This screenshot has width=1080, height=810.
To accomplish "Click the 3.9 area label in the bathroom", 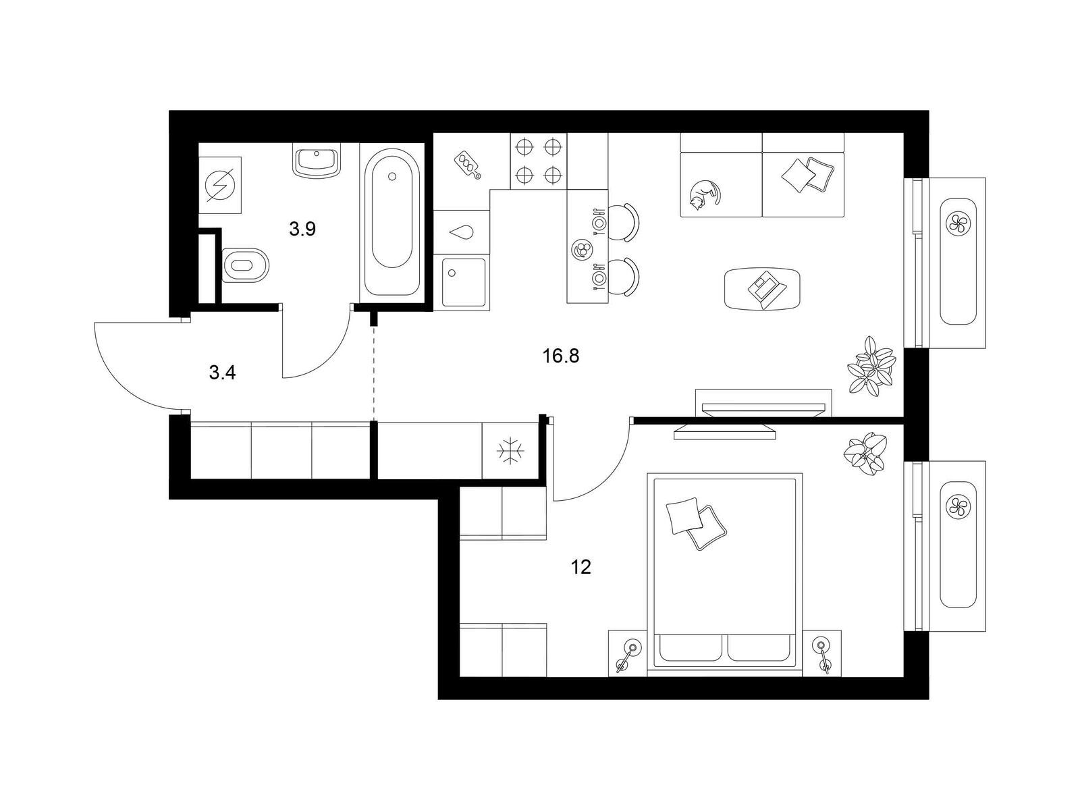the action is tap(302, 229).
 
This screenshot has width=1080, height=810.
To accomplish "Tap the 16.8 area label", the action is tap(561, 356).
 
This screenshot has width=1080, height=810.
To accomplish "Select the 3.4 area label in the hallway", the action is tap(222, 373).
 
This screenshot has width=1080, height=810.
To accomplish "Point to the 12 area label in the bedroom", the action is tap(580, 567).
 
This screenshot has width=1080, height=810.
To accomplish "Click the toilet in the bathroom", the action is tap(246, 265).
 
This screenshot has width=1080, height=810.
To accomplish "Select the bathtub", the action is tap(391, 222).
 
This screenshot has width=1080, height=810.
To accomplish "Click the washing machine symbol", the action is tap(220, 185).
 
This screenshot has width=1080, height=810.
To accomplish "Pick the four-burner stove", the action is tap(539, 161).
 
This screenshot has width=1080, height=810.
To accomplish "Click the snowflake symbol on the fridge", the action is tap(511, 450).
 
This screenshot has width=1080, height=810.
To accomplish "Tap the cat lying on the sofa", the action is tap(705, 195).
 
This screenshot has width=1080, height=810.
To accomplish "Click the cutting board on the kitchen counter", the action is tap(467, 164).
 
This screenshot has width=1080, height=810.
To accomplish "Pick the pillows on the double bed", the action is tap(696, 522).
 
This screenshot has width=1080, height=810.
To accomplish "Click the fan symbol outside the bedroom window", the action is tap(958, 506).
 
